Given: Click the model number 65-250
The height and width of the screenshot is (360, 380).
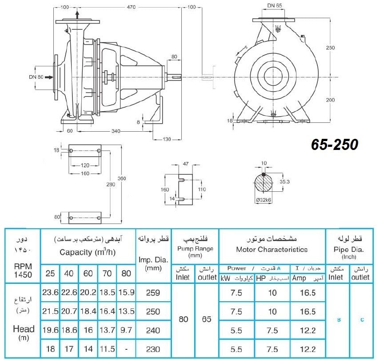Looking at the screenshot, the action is (334, 145).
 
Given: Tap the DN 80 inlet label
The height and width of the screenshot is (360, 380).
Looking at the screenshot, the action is (36, 77).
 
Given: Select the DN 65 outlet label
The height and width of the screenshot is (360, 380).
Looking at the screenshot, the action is (275, 5).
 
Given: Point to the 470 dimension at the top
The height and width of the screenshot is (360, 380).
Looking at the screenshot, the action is (131, 7).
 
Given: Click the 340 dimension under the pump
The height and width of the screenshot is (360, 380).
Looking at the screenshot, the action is (116, 131).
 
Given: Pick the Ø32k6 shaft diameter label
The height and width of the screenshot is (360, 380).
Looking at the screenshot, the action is (264, 200).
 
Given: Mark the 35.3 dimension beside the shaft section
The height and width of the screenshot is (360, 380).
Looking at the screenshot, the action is (284, 182).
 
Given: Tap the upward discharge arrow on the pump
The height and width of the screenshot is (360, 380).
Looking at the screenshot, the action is (77, 15).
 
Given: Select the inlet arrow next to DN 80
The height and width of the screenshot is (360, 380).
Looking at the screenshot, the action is (49, 77).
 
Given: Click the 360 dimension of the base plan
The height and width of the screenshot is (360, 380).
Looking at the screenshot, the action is (122, 178).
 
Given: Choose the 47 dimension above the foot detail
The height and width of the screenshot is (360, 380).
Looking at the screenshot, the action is (186, 164).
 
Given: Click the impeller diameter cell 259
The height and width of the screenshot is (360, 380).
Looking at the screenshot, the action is (153, 292).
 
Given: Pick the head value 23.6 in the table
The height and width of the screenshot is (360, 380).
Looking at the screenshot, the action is (50, 292).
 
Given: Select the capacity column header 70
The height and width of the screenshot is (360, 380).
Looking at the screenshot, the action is (107, 273).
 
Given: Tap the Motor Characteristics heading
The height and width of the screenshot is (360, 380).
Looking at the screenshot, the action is (272, 249).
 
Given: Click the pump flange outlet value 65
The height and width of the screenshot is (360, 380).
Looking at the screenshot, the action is (207, 319).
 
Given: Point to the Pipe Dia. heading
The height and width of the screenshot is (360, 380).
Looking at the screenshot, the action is (349, 249).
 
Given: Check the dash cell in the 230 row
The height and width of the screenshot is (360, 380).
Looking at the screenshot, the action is (126, 349).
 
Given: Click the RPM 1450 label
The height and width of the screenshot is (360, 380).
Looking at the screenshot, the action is (23, 271).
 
